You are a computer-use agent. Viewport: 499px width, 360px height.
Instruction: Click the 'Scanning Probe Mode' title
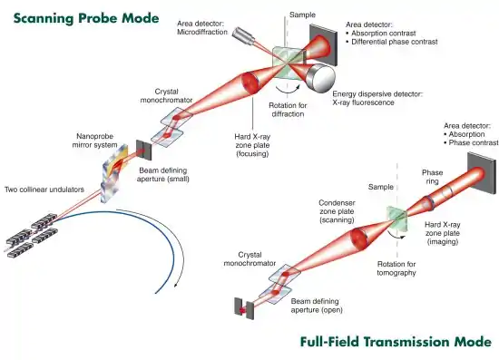point(86,18)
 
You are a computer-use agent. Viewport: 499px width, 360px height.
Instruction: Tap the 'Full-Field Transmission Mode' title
point(396,342)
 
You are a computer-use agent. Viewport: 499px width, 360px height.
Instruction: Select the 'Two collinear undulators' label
point(44,190)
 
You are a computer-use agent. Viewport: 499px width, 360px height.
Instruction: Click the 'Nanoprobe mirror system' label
point(95,141)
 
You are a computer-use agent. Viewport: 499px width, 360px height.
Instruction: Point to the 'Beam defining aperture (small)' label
point(163,175)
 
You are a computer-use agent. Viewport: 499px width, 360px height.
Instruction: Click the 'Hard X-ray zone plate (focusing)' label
point(252,145)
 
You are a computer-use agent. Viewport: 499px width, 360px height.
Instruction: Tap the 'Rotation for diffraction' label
point(288,110)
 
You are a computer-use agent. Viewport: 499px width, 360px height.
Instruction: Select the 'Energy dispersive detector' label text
point(377,94)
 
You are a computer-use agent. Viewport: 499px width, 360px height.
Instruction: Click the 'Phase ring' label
point(432,177)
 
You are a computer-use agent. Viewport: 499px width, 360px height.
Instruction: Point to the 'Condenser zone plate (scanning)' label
point(337,211)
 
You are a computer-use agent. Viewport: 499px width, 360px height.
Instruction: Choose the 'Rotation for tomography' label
point(396,268)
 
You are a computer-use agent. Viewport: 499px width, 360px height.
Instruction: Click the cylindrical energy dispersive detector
point(320,78)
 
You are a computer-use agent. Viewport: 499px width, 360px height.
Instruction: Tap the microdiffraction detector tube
point(243,36)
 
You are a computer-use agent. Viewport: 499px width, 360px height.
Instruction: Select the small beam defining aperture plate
point(144,151)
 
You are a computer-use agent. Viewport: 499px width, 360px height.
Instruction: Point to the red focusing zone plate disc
point(250,83)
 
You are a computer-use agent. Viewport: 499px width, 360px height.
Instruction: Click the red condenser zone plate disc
point(359,238)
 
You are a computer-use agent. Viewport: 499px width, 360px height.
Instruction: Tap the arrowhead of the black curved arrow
point(176,285)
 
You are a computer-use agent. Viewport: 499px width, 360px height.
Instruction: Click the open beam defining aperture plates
point(244,310)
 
